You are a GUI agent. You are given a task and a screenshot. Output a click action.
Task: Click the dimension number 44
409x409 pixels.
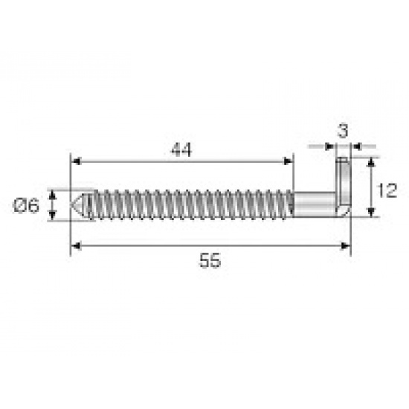181,149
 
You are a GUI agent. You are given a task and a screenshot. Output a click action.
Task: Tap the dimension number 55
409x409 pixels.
210,260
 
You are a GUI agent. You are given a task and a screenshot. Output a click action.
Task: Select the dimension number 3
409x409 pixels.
343,131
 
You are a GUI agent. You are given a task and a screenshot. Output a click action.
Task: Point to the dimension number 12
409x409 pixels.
387,190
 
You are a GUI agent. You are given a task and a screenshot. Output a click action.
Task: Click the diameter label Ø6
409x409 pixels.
26,205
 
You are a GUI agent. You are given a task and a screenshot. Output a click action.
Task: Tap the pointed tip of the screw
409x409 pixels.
71,204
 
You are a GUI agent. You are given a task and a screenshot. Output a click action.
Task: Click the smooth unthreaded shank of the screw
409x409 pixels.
315,204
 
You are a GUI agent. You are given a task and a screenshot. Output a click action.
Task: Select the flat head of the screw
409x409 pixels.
344,187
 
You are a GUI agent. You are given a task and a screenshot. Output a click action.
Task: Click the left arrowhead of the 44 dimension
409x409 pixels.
75,161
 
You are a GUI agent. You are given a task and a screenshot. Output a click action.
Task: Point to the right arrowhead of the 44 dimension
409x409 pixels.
289,161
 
